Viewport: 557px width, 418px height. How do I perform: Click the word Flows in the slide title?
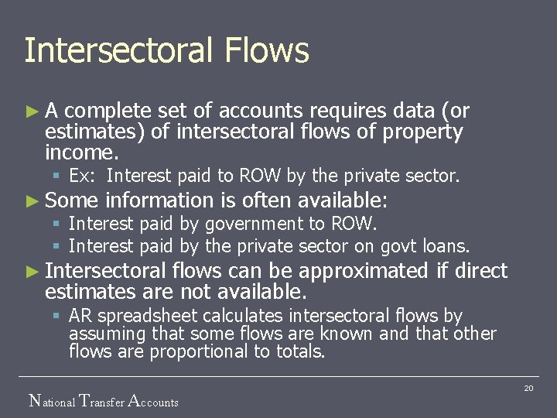268,51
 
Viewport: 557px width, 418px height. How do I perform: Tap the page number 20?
528,388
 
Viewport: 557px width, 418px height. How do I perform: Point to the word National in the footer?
52,401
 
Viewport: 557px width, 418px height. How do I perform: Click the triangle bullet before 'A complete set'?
32,111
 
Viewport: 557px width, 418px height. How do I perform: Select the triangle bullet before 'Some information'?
32,201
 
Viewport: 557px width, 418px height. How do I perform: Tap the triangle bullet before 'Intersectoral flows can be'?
32,272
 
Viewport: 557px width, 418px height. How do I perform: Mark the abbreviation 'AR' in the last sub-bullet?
80,316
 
